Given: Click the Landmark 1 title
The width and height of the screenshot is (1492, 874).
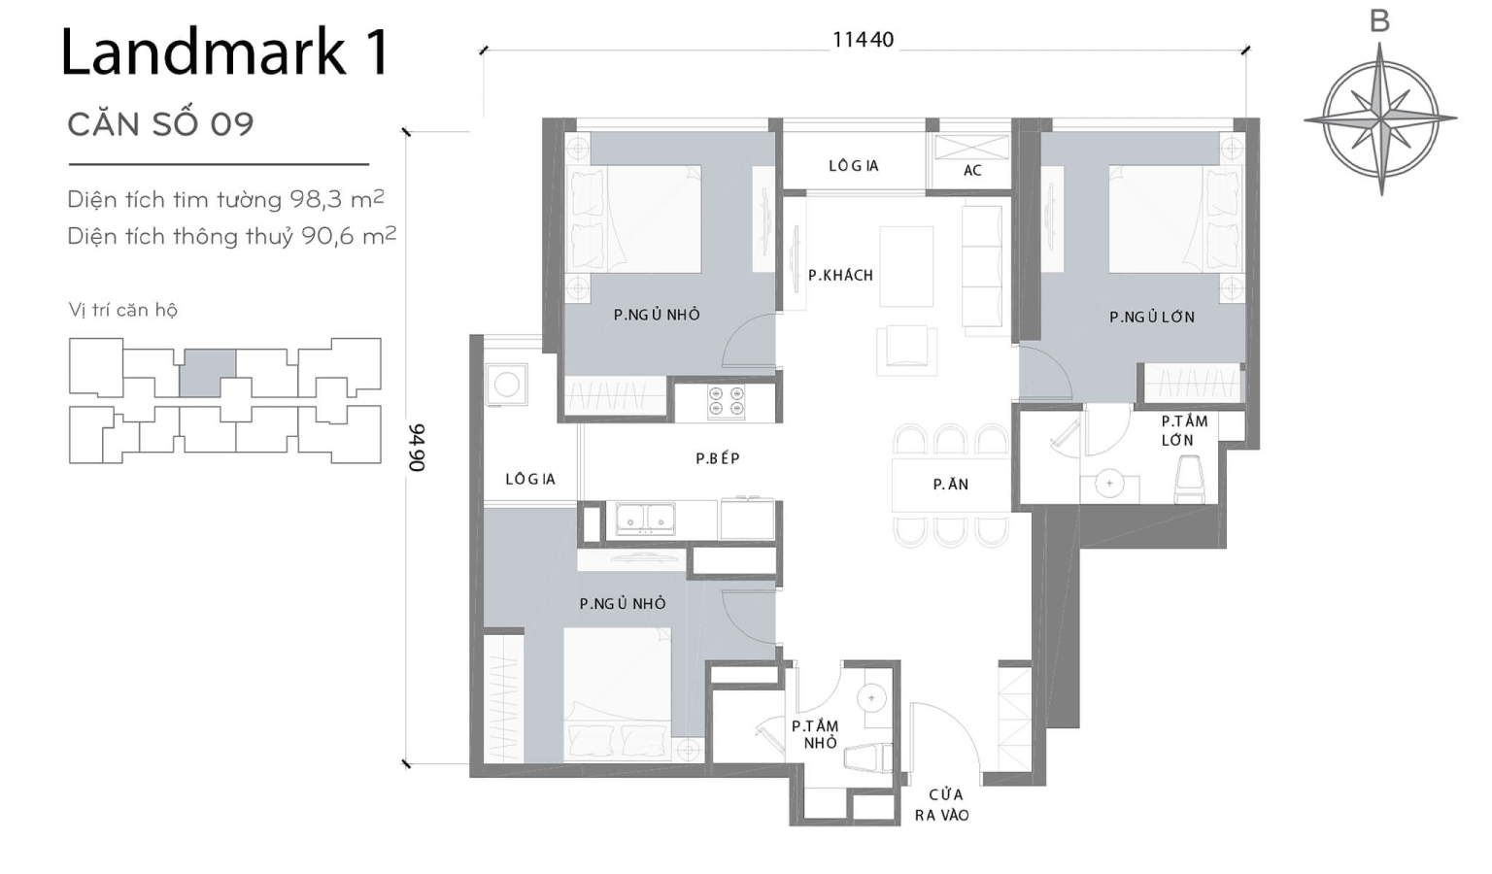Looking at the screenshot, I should pyautogui.click(x=225, y=53).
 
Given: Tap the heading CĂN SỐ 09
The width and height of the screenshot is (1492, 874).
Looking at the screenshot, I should pyautogui.click(x=160, y=124).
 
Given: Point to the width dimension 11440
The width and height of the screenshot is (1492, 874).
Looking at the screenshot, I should pyautogui.click(x=863, y=40).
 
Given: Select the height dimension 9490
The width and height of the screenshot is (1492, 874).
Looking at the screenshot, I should pyautogui.click(x=417, y=448).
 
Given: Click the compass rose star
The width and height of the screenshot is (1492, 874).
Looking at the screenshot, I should pyautogui.click(x=1380, y=118).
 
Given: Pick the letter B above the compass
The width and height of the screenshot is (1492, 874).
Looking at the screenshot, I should pyautogui.click(x=1379, y=21).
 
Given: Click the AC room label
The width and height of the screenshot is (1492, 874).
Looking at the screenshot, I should pyautogui.click(x=972, y=170).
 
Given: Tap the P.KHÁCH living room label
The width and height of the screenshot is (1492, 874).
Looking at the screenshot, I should pyautogui.click(x=840, y=276).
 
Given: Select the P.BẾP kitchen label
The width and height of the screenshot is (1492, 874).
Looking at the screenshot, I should pyautogui.click(x=718, y=458).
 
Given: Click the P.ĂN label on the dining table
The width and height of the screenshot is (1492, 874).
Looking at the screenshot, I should pyautogui.click(x=950, y=485).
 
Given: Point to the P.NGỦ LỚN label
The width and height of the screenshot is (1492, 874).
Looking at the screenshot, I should pyautogui.click(x=1152, y=317).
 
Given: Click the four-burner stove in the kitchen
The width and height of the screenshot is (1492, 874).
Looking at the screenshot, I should pyautogui.click(x=727, y=403).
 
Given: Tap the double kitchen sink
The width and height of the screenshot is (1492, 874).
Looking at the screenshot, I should pyautogui.click(x=646, y=519).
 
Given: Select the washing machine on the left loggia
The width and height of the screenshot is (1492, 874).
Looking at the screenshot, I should pyautogui.click(x=506, y=385).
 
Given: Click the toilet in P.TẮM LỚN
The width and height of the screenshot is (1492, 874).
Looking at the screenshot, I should pyautogui.click(x=1190, y=480).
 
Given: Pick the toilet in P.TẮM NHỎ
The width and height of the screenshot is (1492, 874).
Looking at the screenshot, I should pyautogui.click(x=868, y=757).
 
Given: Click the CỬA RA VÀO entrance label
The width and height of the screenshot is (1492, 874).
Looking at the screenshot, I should pyautogui.click(x=942, y=805).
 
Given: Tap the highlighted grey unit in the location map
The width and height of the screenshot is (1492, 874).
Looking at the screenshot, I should pyautogui.click(x=207, y=373).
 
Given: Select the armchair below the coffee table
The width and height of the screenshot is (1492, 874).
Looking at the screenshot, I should pyautogui.click(x=906, y=350).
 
